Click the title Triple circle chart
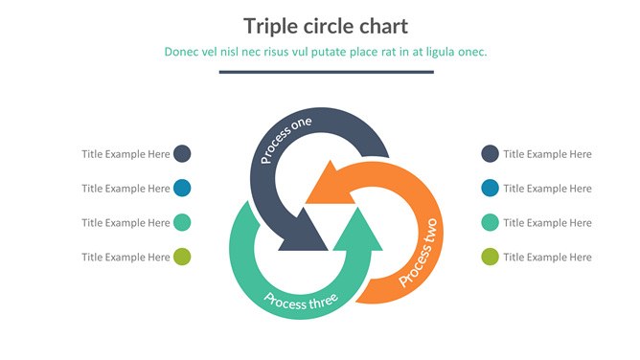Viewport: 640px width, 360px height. point(326,27)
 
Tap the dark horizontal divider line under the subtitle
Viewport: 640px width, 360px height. point(326,72)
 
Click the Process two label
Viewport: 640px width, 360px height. point(419,253)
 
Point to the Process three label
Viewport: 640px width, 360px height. point(301,302)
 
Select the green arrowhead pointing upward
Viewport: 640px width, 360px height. point(358,228)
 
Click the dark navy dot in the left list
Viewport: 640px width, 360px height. point(182,154)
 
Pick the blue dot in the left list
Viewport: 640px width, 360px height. point(182,188)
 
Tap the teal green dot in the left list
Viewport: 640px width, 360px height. point(182,222)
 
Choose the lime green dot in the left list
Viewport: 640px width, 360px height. point(182,257)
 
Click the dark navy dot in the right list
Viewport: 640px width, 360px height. point(490,154)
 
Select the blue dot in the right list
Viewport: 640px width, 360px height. point(490,188)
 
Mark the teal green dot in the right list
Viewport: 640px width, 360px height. point(490,222)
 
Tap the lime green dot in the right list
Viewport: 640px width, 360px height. point(490,257)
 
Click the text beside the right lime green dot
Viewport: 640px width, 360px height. point(547,258)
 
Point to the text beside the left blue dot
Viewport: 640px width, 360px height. point(126,189)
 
